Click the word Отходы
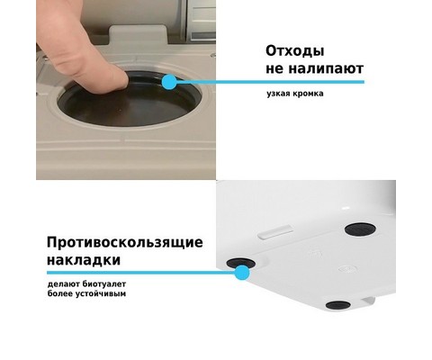(x=295, y=51)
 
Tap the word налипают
(x=326, y=68)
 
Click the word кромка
(x=308, y=94)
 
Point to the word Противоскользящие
(x=125, y=242)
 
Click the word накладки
(x=84, y=259)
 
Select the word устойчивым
(x=100, y=293)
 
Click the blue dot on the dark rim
(x=169, y=82)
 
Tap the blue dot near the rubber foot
(x=242, y=273)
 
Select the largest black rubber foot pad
(x=360, y=229)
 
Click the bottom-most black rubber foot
(x=338, y=305)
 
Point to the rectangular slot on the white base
(x=274, y=230)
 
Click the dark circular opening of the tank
(x=129, y=101)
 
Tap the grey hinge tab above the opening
(x=138, y=35)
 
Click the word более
(x=60, y=293)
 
